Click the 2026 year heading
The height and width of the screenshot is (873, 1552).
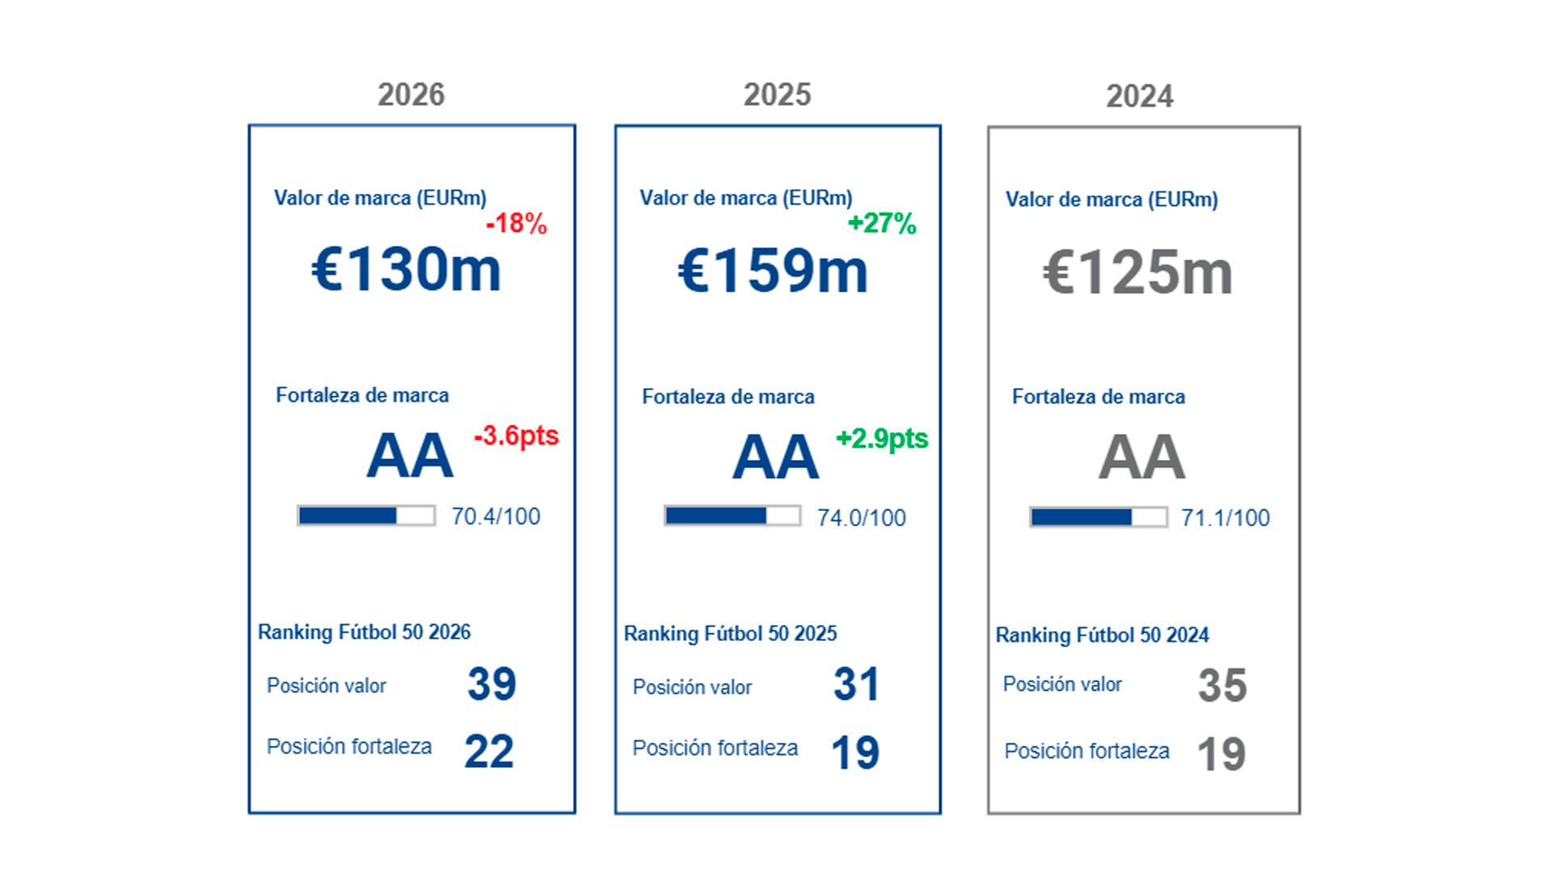[x=411, y=95]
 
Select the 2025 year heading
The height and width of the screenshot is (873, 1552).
[x=777, y=95]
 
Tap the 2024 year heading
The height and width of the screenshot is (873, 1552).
[x=1140, y=97]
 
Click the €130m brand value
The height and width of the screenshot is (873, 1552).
[x=407, y=269]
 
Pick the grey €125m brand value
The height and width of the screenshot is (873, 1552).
[x=1138, y=273]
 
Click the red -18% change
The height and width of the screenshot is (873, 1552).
[x=517, y=224]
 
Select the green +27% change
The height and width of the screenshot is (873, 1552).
[x=882, y=224]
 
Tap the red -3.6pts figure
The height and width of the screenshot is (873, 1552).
[x=517, y=436]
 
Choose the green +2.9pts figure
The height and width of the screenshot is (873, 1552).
[x=882, y=439]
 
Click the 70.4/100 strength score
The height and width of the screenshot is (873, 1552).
[x=496, y=517]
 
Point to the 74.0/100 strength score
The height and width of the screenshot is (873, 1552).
[x=862, y=518]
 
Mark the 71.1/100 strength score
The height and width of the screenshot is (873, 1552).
[x=1225, y=518]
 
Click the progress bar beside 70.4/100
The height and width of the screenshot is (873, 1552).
[x=366, y=516]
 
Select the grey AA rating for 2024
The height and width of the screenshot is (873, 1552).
[x=1141, y=458]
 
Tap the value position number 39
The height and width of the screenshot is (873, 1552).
[x=491, y=684]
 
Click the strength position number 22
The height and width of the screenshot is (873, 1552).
[x=489, y=752]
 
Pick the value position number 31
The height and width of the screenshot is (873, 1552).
[x=856, y=685]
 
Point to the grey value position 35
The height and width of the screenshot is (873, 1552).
[x=1222, y=685]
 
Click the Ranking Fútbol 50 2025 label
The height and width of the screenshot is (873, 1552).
[x=730, y=634]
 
